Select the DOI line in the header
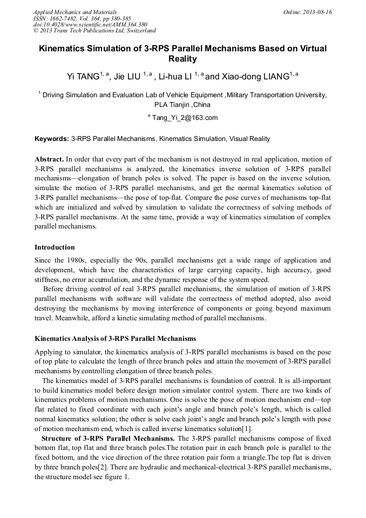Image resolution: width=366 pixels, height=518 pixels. (x=90, y=24)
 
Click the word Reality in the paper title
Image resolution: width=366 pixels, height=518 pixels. (x=182, y=59)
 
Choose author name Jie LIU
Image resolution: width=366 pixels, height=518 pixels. (x=127, y=77)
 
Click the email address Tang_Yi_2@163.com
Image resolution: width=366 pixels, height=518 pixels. (x=185, y=118)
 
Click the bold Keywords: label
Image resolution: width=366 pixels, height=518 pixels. (x=52, y=139)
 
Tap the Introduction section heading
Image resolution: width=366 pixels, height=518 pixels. (x=55, y=247)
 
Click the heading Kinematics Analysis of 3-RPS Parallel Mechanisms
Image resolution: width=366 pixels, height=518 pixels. (x=115, y=339)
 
